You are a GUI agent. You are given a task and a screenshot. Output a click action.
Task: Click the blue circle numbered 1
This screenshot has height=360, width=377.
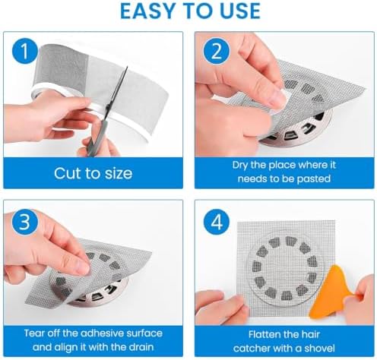click(x=25, y=52)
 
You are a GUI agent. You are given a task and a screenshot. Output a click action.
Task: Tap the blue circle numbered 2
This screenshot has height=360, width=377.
click(x=217, y=52)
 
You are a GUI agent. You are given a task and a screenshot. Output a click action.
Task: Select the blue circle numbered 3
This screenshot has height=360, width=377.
click(x=25, y=223)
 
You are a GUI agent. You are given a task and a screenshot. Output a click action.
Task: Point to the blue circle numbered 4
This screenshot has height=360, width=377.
click(x=217, y=223)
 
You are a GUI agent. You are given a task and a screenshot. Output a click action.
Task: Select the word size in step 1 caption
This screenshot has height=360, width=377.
click(x=119, y=173)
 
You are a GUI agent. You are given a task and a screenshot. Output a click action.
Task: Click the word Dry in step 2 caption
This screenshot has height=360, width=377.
click(x=240, y=166)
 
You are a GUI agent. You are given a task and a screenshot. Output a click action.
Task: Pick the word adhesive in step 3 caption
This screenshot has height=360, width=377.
click(x=102, y=333)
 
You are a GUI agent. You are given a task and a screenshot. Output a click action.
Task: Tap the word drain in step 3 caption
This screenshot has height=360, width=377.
click(x=140, y=347)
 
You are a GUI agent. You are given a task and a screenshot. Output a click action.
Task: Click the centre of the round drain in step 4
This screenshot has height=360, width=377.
click(x=286, y=267)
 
